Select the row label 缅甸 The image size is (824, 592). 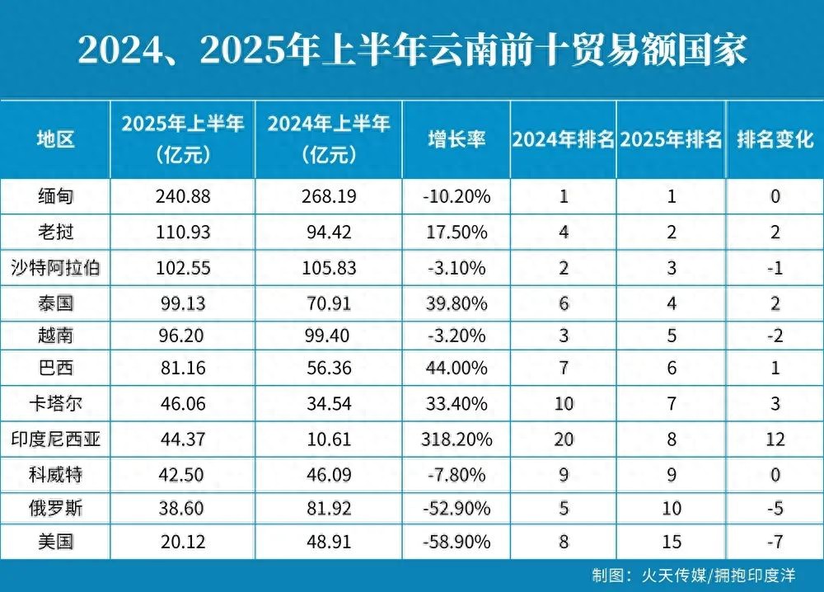[56, 197]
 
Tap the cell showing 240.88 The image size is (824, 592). [183, 197]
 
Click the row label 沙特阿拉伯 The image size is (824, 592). [56, 267]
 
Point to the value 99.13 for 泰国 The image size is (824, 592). [183, 303]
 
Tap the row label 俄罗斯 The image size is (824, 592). [56, 508]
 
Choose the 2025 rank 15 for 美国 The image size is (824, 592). [672, 542]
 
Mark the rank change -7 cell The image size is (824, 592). [775, 542]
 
